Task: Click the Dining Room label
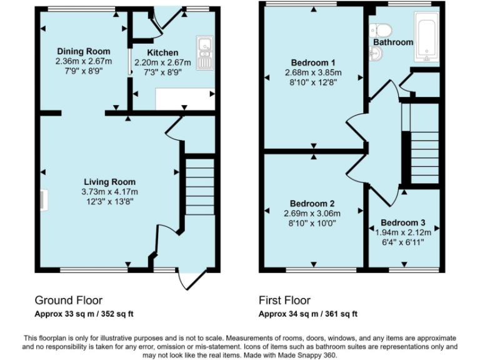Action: (x=83, y=51)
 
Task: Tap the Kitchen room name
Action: (x=162, y=52)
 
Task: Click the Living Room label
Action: (x=109, y=182)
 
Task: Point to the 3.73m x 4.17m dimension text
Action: (x=109, y=192)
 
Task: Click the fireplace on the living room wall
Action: (x=42, y=200)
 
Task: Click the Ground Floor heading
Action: (x=68, y=300)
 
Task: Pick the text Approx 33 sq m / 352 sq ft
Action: (x=84, y=313)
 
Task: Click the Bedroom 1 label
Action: (x=313, y=62)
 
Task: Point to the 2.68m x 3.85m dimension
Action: (x=313, y=72)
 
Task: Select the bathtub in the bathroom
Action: (x=427, y=39)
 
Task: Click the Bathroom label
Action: (x=393, y=42)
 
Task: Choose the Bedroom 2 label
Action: (x=313, y=203)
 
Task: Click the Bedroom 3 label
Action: (x=403, y=223)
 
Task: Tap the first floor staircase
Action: (x=422, y=150)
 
